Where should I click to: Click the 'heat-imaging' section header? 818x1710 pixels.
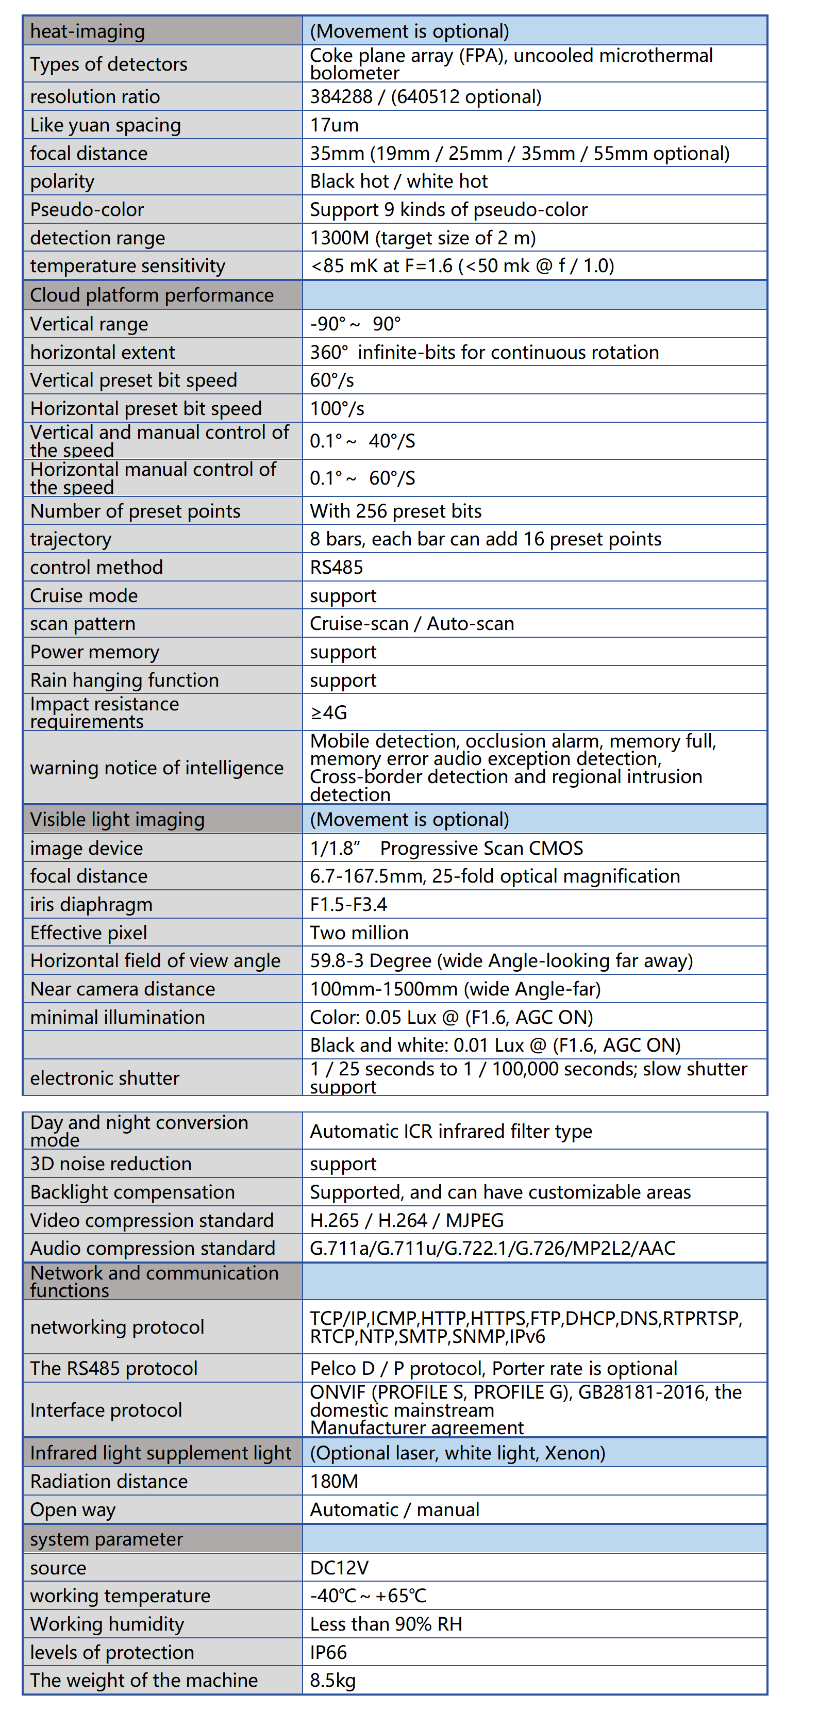pos(88,31)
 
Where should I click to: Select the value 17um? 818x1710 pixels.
pos(334,125)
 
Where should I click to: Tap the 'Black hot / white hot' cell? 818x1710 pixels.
pos(398,181)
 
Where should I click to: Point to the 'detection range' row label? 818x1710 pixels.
pos(97,238)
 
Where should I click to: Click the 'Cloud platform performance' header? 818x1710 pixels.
pos(152,295)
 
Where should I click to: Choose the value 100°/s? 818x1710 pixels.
pos(337,408)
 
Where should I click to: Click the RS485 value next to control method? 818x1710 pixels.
pos(336,567)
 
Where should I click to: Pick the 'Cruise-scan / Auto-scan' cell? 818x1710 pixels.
pos(412,623)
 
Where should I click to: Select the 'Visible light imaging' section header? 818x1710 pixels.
pos(117,819)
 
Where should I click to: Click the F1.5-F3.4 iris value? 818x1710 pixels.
pos(348,904)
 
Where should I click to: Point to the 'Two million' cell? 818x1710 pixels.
pos(359,933)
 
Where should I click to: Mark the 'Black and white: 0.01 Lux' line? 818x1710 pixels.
pos(495,1045)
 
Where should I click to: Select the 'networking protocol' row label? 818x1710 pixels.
pos(117,1327)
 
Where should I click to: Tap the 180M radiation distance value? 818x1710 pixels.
pos(334,1481)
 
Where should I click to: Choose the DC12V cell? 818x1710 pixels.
pos(339,1567)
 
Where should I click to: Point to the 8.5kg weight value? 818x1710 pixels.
pos(332,1680)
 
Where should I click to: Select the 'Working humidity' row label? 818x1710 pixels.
pos(107,1624)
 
